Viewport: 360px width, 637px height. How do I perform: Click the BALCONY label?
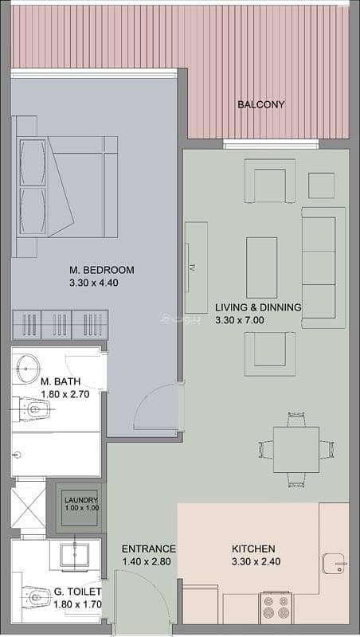click(x=261, y=104)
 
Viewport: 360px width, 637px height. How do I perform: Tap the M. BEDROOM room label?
click(x=102, y=270)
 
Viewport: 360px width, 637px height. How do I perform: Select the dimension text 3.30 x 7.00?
click(x=240, y=320)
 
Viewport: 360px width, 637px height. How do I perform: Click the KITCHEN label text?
click(x=253, y=549)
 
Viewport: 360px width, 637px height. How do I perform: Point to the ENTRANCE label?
click(x=149, y=549)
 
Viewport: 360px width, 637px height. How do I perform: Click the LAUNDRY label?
click(x=81, y=500)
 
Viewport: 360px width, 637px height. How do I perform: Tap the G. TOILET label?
click(x=77, y=592)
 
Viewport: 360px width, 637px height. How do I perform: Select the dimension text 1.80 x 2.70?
click(x=65, y=393)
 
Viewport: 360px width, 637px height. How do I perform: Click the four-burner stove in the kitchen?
click(x=276, y=607)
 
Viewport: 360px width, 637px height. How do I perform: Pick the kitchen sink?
click(x=335, y=564)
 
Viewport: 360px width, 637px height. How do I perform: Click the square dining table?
click(x=295, y=450)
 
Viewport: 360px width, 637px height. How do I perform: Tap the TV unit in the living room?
click(x=196, y=268)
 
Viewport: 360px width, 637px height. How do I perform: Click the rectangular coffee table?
click(x=262, y=268)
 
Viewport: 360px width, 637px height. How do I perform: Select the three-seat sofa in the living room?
click(x=323, y=268)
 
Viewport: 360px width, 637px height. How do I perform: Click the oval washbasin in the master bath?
click(x=28, y=369)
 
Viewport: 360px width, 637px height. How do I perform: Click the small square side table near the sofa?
click(x=322, y=186)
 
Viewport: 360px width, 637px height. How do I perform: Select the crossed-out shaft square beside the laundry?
click(x=28, y=508)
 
